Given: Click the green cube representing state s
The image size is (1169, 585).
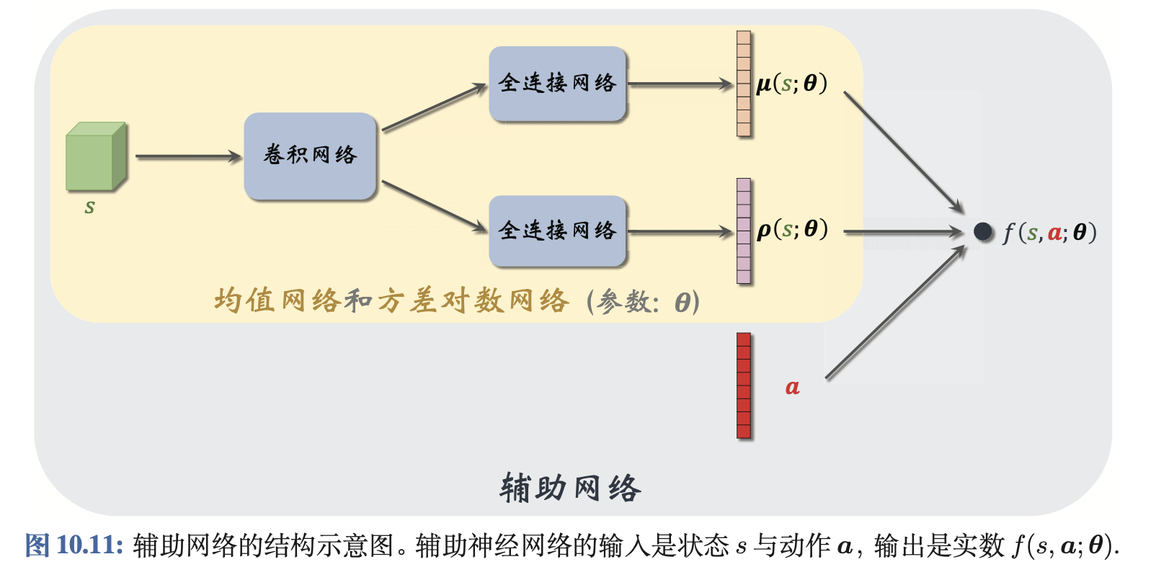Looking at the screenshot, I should coord(95,157).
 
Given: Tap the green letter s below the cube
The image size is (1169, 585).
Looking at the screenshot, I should coord(89,207).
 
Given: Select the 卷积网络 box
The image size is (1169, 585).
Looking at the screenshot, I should coord(310,156).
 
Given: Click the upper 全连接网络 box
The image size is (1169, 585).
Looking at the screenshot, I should coord(557,84).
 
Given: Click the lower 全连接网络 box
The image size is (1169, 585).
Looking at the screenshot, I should coord(557,231).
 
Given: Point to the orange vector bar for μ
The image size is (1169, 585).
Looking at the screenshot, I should coord(744,84).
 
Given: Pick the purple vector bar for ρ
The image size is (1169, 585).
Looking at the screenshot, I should coord(744,231).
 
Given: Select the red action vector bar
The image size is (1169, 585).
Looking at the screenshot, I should coord(744,385).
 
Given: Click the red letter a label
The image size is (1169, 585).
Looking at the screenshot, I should coord(792,388).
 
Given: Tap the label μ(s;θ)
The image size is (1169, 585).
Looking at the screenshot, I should coord(791,84).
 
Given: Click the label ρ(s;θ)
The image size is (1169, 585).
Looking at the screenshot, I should coord(791,230).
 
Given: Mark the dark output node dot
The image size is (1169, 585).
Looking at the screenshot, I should coord(983,231).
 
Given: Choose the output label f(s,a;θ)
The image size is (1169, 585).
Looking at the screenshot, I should coord(1049,233).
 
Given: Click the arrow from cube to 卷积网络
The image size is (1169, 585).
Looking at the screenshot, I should coord(187,156).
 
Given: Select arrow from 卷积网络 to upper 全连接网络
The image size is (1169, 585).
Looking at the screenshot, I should coord(434,108).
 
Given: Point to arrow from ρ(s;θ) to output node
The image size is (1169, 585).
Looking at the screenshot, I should coord(901,232).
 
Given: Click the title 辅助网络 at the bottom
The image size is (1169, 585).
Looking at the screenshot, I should coord(570,488).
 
